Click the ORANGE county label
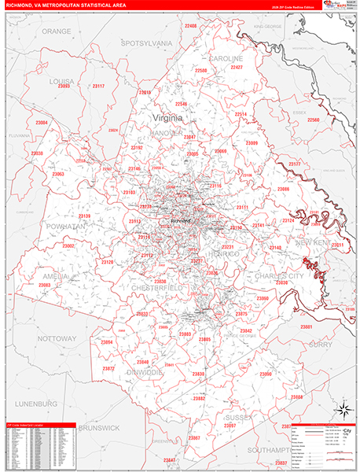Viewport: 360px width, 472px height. pos(56,31)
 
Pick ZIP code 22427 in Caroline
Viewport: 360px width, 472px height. pos(237,68)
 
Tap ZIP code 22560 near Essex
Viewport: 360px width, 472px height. pos(314,120)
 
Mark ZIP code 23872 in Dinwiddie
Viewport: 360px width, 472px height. pos(108,368)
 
